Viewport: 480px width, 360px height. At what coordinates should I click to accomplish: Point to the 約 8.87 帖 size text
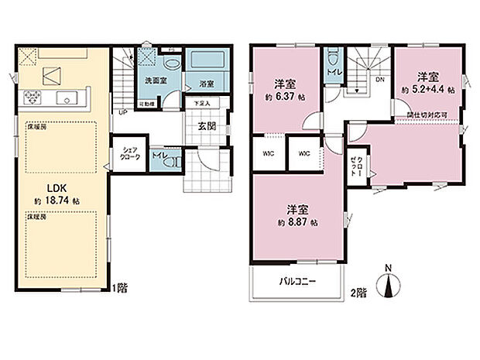click(x=295, y=221)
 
